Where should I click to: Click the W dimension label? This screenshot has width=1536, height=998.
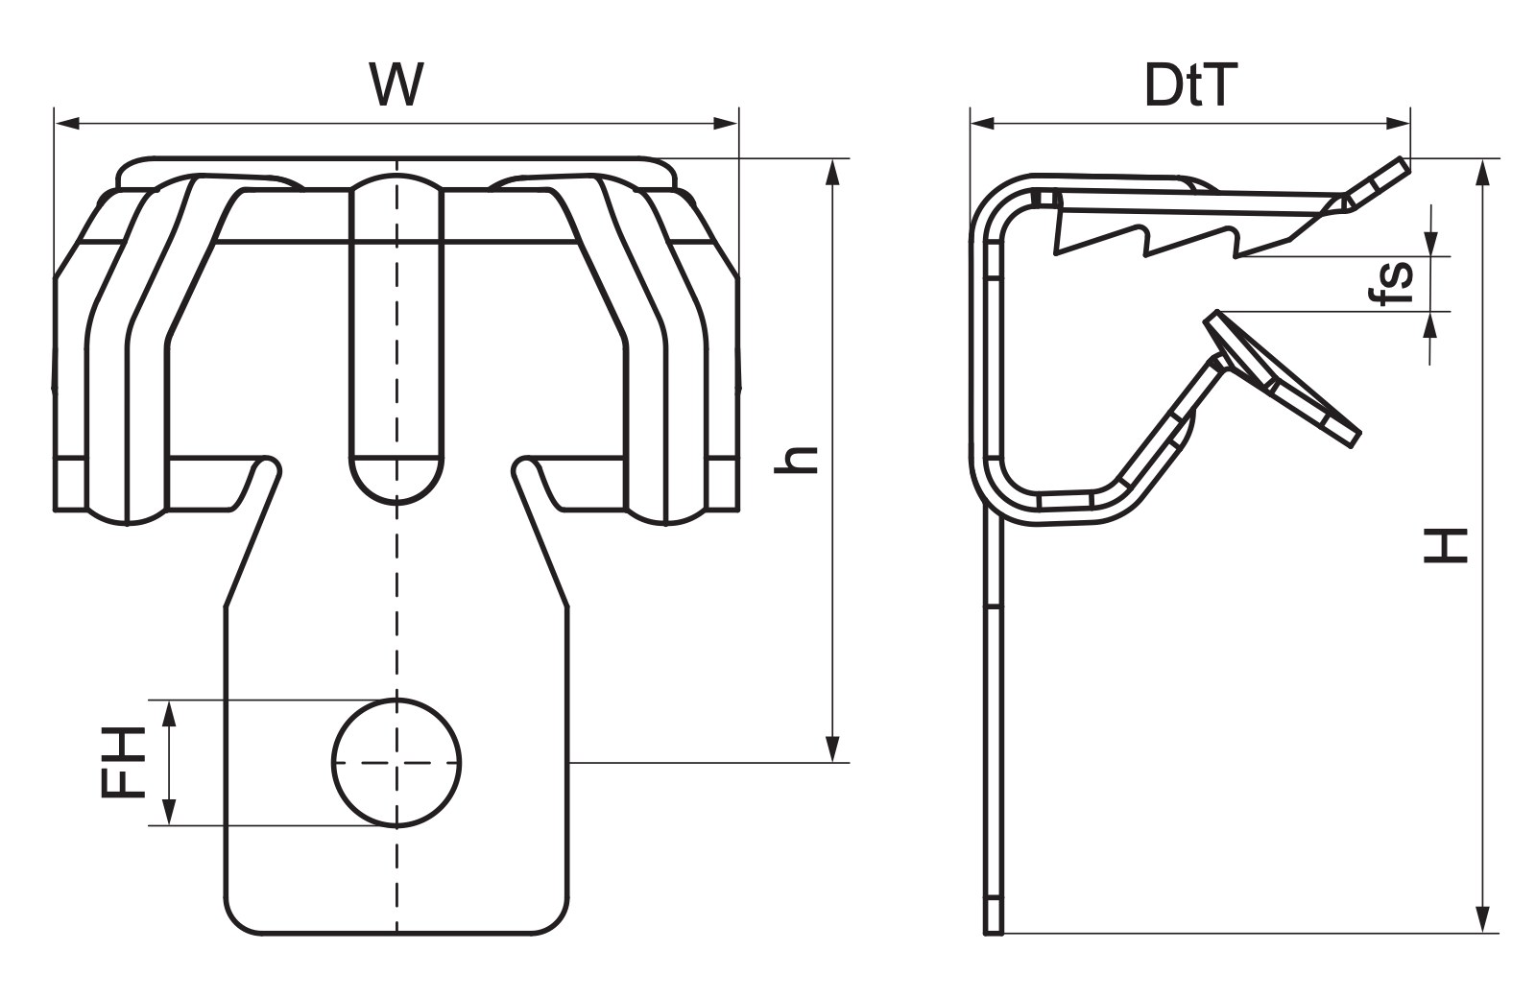(396, 84)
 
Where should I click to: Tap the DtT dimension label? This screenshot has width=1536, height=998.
(1191, 85)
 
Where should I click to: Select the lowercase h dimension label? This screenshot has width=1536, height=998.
(796, 460)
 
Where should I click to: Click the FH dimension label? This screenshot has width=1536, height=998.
(124, 762)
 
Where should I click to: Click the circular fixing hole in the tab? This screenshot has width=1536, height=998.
(396, 762)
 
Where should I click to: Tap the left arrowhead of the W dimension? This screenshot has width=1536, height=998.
(67, 124)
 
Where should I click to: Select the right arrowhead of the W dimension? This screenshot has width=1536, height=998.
(726, 124)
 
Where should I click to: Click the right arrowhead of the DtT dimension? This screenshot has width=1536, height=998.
(1398, 124)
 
